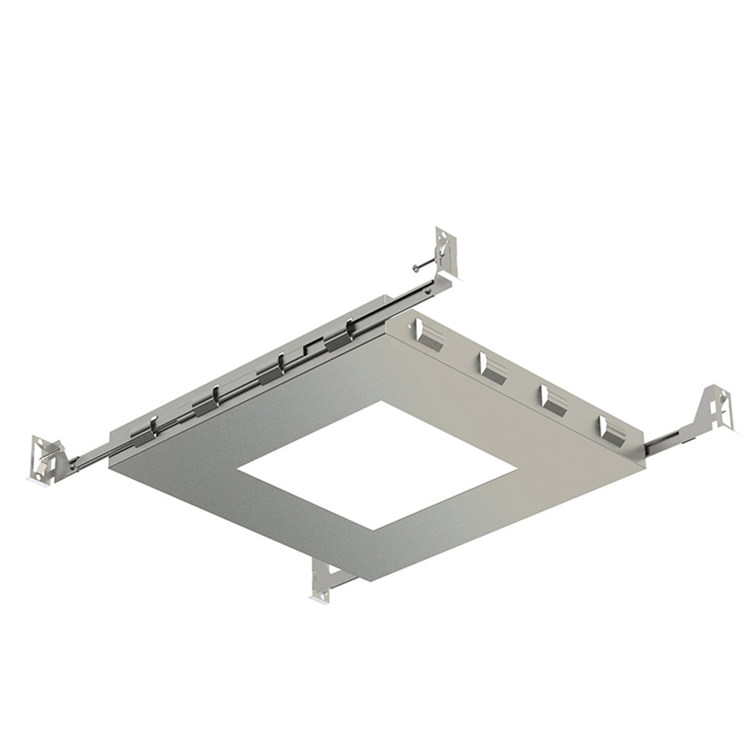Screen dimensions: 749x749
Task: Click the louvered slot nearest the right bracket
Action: [610, 430]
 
